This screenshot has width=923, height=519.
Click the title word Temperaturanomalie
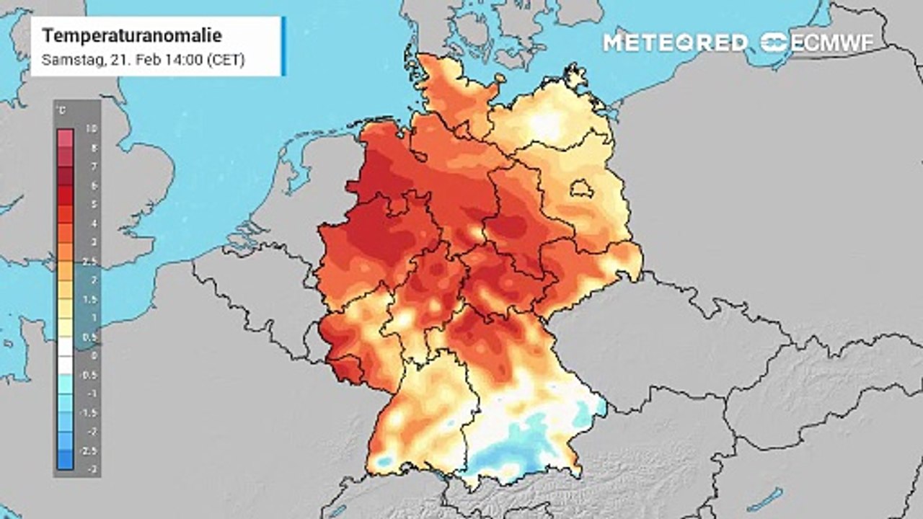[132, 36]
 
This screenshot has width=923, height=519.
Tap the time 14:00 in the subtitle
[184, 60]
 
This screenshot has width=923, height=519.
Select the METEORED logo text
[675, 43]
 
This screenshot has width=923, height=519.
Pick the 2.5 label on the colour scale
[90, 261]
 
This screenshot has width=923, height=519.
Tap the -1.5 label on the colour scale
[90, 412]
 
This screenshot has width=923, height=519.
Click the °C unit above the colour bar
[63, 110]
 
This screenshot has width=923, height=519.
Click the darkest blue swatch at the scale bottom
[65, 459]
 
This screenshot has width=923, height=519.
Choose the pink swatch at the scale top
[65, 138]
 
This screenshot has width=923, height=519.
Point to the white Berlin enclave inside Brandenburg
[581, 190]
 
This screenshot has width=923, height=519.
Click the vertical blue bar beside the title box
[283, 46]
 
